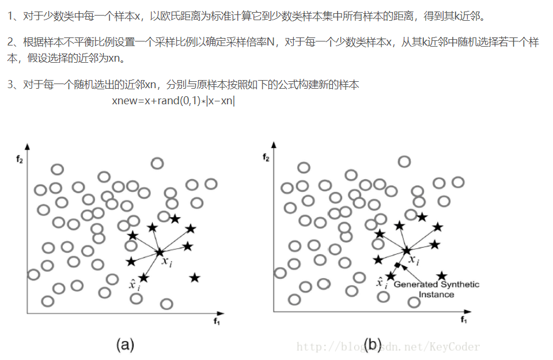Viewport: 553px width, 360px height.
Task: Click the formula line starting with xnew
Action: [x=173, y=101]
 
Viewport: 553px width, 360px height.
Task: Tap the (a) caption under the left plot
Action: [x=125, y=344]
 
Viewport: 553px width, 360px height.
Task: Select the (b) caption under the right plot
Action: [x=373, y=344]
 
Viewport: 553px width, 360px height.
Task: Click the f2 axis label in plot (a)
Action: [x=20, y=160]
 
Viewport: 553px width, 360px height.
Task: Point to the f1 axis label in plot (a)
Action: [x=217, y=321]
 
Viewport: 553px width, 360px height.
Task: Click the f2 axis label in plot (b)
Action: [x=266, y=157]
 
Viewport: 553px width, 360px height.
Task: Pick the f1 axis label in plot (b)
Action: [x=463, y=320]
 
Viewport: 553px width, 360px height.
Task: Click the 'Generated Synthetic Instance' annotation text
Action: [x=436, y=289]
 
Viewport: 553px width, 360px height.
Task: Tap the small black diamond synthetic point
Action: [x=397, y=265]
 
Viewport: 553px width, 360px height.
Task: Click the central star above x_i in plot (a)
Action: [x=160, y=252]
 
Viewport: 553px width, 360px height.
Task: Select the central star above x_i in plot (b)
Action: [x=407, y=251]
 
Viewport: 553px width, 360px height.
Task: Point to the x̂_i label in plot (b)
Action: [x=381, y=283]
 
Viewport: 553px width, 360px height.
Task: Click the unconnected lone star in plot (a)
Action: [x=195, y=278]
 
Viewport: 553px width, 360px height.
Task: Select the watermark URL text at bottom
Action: [x=388, y=347]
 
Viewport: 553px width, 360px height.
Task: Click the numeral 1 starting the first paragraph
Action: [x=10, y=16]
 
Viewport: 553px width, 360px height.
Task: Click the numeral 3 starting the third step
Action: [x=10, y=85]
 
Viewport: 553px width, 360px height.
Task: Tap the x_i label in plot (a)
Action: [x=167, y=262]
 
